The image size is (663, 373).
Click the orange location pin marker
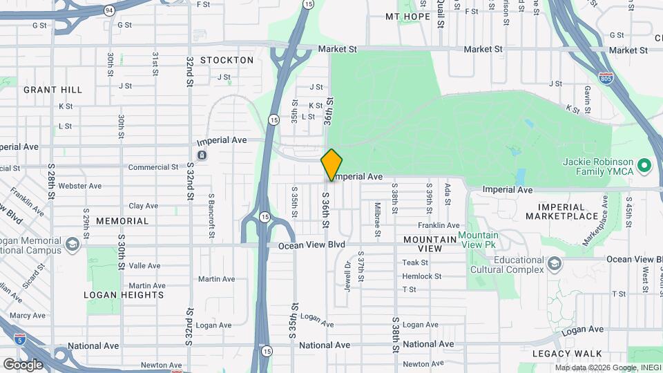331,164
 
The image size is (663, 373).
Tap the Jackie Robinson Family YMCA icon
644,165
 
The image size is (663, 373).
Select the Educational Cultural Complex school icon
554,264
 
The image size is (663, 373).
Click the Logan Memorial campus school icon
73,244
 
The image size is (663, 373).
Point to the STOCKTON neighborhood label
227,60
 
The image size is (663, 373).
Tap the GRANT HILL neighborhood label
52,90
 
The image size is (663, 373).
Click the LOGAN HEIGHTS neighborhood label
124,294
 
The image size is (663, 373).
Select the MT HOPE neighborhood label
407,17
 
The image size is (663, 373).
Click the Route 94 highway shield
109,10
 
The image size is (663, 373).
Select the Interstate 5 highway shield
21,339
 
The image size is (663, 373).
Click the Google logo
23,364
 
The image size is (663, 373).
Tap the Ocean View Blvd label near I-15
311,245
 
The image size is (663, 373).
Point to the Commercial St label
153,167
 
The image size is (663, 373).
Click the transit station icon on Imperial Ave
201,155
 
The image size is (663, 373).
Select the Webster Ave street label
80,186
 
